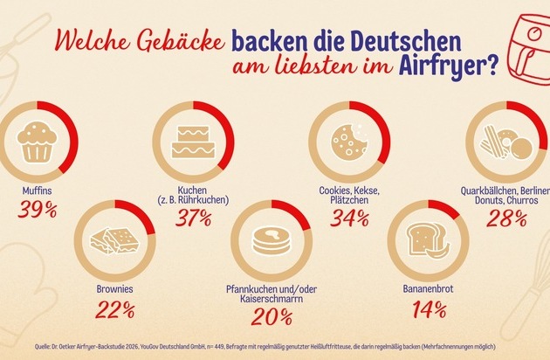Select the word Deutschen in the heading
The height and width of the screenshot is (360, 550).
[x=388, y=38]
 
